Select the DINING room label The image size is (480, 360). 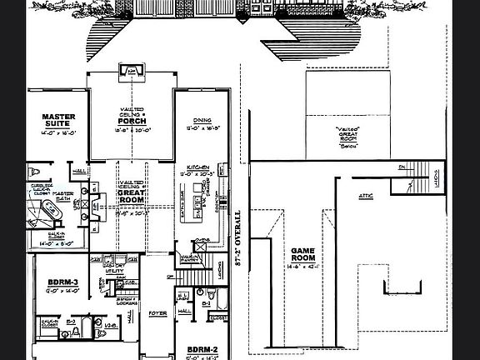click(x=196, y=121)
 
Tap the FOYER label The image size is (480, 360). click(x=157, y=314)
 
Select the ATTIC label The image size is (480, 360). click(x=365, y=197)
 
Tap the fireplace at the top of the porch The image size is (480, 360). click(x=130, y=74)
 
